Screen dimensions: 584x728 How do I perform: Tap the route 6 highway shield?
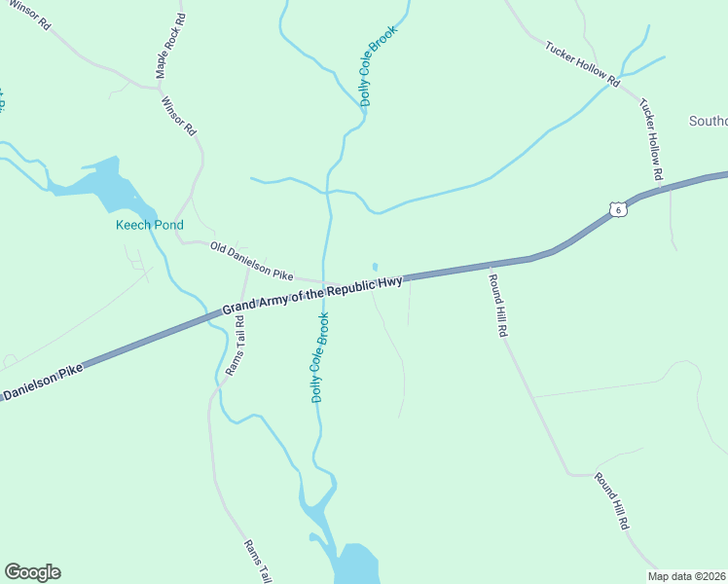[616, 208]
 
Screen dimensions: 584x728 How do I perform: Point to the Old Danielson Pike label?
[251, 261]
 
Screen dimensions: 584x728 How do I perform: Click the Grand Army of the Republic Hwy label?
[312, 295]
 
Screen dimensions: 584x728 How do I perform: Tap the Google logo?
[32, 572]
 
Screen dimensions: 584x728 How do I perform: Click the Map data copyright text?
[687, 576]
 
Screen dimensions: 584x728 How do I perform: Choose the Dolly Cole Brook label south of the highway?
[319, 357]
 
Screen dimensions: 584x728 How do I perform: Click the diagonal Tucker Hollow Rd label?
[582, 64]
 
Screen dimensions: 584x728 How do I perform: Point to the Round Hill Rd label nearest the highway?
[497, 305]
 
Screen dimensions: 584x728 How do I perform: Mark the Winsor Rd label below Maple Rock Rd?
[179, 115]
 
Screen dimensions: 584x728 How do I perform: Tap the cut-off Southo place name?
[708, 122]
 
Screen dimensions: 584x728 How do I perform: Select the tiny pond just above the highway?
[375, 267]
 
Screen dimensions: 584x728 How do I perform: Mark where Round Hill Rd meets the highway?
[487, 266]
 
